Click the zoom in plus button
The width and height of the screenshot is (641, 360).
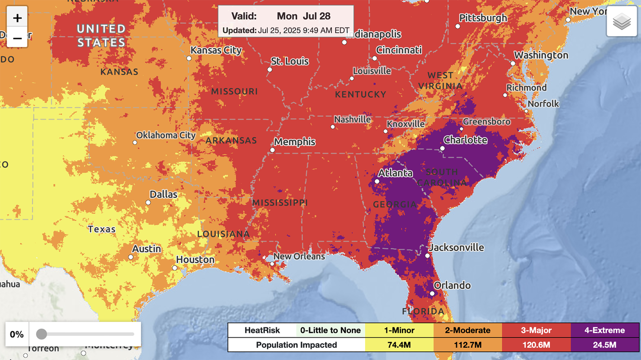(x=17, y=19)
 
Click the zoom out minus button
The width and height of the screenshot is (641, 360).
(x=17, y=38)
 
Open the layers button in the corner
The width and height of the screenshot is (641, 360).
(x=622, y=21)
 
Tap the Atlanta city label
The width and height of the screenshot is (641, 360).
(x=395, y=173)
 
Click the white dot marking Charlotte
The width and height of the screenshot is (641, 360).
(x=442, y=149)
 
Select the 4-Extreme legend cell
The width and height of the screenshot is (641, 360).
(x=605, y=330)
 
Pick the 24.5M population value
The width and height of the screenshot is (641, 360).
(x=605, y=345)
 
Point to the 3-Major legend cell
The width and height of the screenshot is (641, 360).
(x=536, y=330)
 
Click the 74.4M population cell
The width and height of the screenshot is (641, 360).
(x=399, y=345)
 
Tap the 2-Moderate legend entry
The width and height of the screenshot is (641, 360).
(x=468, y=330)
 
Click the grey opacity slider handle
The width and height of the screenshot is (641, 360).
(x=42, y=334)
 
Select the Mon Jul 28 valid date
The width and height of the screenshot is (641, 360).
(x=303, y=16)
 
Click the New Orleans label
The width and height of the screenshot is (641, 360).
(x=299, y=256)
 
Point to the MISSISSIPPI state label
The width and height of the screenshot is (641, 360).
(x=280, y=203)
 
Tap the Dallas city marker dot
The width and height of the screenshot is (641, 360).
(x=148, y=203)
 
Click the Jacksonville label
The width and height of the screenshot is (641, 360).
(x=456, y=247)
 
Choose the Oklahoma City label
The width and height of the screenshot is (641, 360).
(x=166, y=135)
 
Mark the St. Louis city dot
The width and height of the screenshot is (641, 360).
(x=270, y=70)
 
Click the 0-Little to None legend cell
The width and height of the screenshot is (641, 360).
(x=330, y=330)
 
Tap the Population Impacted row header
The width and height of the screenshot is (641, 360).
(x=296, y=345)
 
